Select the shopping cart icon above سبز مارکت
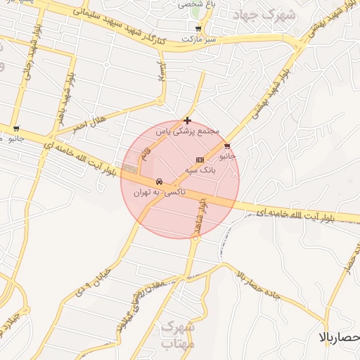click(198, 29)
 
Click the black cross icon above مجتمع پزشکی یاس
click(187, 120)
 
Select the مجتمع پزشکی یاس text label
click(188, 131)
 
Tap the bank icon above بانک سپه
click(200, 160)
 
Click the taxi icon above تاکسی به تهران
click(160, 181)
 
